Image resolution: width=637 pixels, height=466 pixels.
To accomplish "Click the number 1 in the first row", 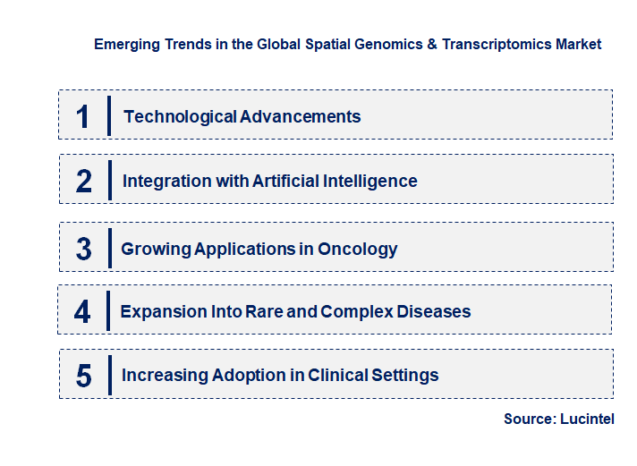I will pos(83,116).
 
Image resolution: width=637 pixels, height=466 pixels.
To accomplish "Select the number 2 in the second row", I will pos(84,182).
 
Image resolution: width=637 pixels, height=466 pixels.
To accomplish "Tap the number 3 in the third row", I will pos(84,250).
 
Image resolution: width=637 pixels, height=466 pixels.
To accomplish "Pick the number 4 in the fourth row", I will pos(82,312).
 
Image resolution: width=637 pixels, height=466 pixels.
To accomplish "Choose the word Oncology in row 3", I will pos(358,250).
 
